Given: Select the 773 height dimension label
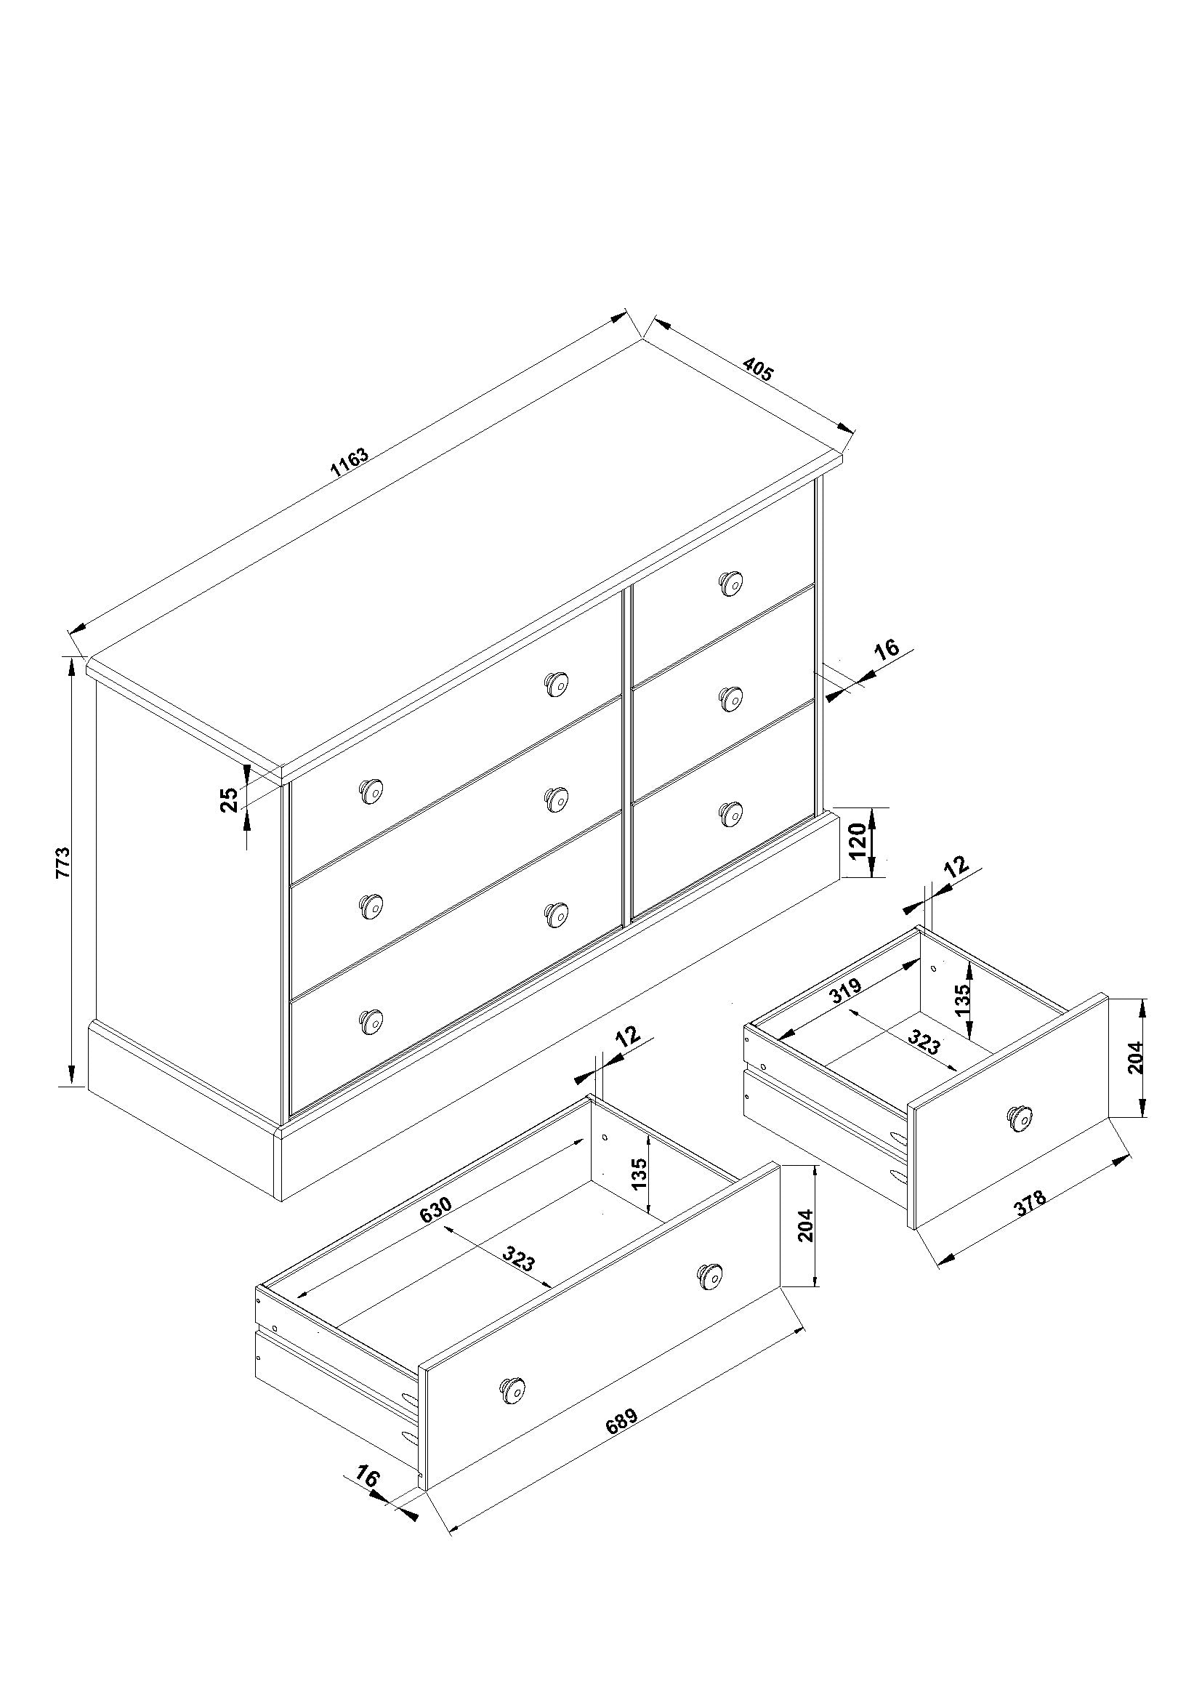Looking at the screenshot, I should click(63, 863).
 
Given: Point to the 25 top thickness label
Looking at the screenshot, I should click(230, 799).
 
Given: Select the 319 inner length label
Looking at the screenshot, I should click(844, 991).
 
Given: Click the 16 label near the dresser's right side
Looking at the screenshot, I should click(886, 649).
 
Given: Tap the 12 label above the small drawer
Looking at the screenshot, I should click(957, 866).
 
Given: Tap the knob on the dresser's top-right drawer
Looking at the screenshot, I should click(731, 584).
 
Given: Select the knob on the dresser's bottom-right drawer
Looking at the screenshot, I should click(731, 813).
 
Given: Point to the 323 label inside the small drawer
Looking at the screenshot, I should click(923, 1043).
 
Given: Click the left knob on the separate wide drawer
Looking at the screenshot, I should click(512, 1390).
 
